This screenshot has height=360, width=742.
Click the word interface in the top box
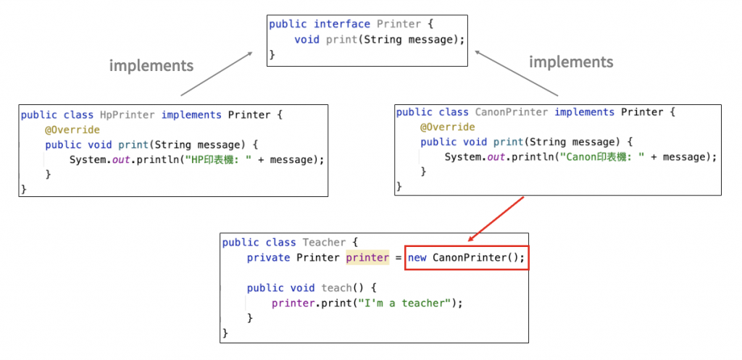[343, 24]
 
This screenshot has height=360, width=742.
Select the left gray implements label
[151, 66]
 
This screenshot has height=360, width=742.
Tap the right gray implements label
[571, 62]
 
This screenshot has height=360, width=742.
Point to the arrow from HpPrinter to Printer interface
[217, 74]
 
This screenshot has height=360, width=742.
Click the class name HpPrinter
[128, 115]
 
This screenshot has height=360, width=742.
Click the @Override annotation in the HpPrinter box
[72, 130]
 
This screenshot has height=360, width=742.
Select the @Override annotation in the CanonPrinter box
[447, 127]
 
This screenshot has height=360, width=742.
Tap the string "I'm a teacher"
[403, 303]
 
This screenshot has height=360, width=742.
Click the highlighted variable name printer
[367, 258]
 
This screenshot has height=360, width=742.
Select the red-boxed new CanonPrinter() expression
[467, 258]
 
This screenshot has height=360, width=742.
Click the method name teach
[336, 288]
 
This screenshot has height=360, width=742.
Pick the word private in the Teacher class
[269, 258]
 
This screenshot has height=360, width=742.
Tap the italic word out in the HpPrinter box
[121, 159]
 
